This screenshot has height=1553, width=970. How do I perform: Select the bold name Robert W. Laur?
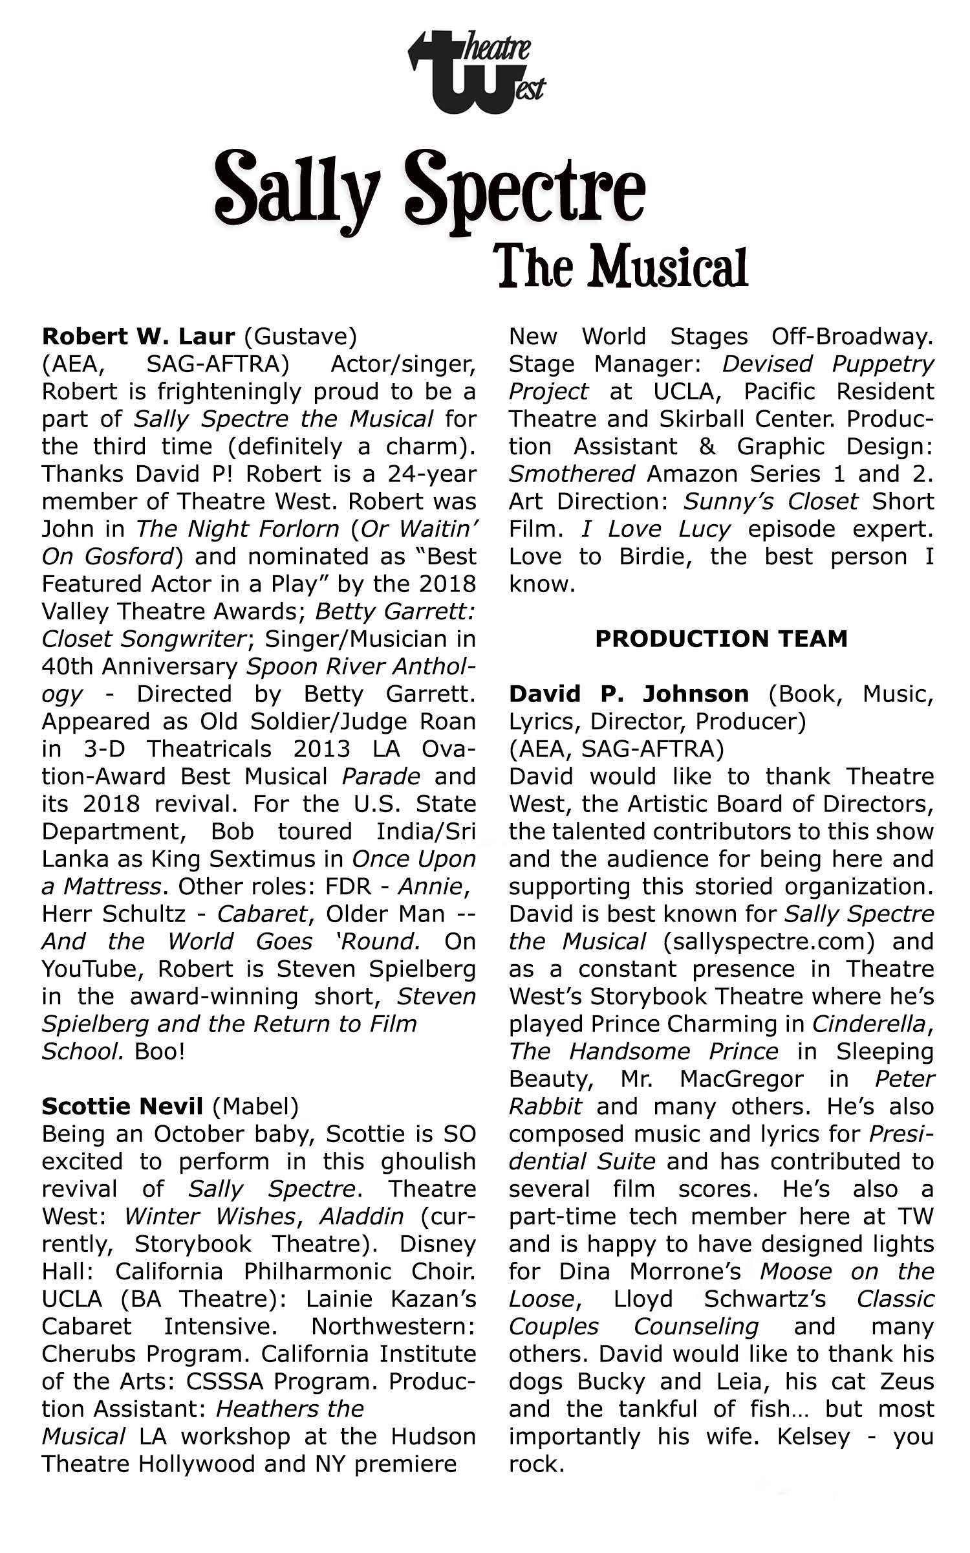pos(138,336)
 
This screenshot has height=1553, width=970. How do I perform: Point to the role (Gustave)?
pos(301,336)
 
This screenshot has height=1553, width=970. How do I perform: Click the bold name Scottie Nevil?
pos(122,1107)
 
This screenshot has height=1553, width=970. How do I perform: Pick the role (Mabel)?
pos(255,1107)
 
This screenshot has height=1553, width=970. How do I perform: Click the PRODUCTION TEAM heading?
pos(721,639)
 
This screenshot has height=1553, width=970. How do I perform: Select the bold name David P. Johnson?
pos(629,694)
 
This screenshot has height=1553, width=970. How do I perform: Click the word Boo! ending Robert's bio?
pos(160,1052)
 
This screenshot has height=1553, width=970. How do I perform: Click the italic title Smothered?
pos(572,474)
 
